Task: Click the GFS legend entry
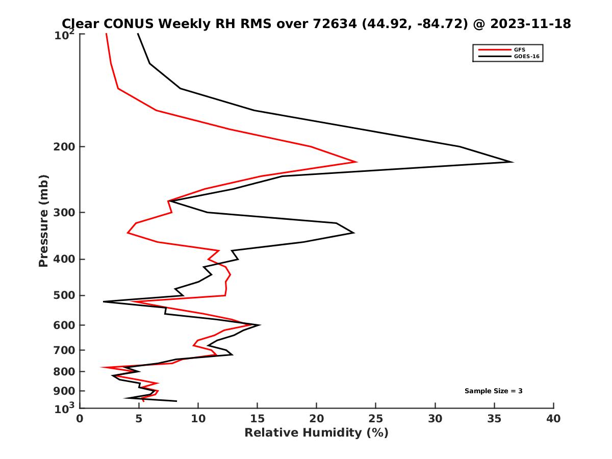pyautogui.click(x=521, y=49)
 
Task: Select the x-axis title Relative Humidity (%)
pyautogui.click(x=316, y=433)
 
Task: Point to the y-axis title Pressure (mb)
pyautogui.click(x=43, y=220)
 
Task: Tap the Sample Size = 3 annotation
pyautogui.click(x=493, y=391)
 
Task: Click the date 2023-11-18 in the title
pyautogui.click(x=528, y=23)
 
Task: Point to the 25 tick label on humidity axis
pyautogui.click(x=376, y=419)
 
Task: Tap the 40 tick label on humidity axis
pyautogui.click(x=553, y=419)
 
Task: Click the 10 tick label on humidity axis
pyautogui.click(x=198, y=419)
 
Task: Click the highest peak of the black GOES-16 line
pyautogui.click(x=512, y=162)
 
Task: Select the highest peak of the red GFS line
pyautogui.click(x=356, y=162)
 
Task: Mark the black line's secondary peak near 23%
pyautogui.click(x=353, y=233)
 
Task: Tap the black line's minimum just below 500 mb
pyautogui.click(x=104, y=302)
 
